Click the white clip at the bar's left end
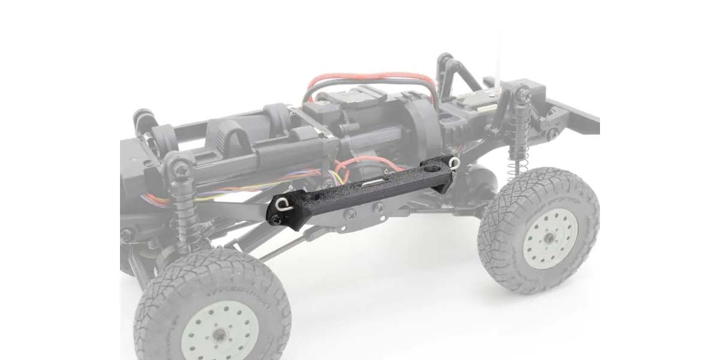click(x=283, y=206)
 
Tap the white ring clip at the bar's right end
click(x=454, y=161)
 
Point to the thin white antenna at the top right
click(x=500, y=48)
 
